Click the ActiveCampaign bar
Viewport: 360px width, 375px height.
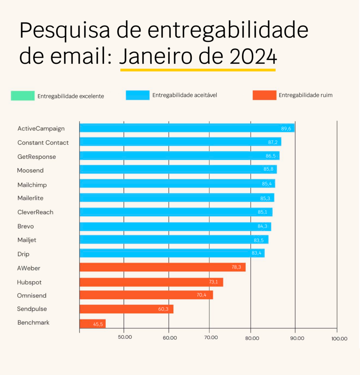coord(187,128)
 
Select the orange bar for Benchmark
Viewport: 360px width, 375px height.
coord(93,324)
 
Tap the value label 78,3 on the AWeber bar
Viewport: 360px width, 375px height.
coord(236,267)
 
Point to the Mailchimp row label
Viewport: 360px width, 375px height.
coord(32,185)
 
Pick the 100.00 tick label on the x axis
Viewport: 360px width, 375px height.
coord(339,338)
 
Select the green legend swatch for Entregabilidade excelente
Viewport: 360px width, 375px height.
coord(23,96)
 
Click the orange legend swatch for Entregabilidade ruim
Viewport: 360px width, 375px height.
coord(264,95)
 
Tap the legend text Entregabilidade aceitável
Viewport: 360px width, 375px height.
coord(184,95)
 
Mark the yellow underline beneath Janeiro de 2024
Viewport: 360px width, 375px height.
coord(198,69)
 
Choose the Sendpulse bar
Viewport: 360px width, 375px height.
coord(126,309)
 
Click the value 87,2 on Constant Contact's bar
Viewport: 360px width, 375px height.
coord(273,142)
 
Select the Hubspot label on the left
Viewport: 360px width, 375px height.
coord(29,282)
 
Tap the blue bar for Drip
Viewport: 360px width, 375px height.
coord(172,253)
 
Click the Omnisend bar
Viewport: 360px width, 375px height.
coord(146,295)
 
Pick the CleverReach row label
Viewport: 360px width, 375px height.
coord(35,212)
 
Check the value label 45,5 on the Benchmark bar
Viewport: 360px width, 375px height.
coord(98,324)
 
